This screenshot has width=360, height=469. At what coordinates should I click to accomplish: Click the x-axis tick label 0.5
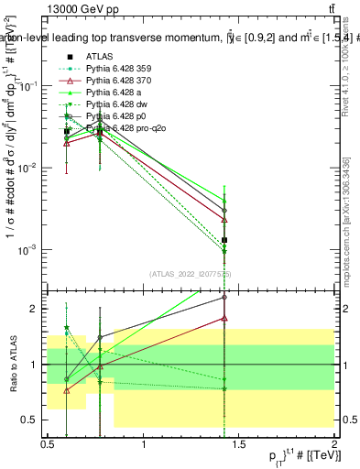pyautogui.click(x=48, y=444)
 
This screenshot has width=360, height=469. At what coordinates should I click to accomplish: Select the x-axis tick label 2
pyautogui.click(x=334, y=444)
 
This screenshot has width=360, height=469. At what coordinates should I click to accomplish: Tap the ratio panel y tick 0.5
pyautogui.click(x=33, y=420)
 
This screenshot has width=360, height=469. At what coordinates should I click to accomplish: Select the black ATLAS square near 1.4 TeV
pyautogui.click(x=224, y=240)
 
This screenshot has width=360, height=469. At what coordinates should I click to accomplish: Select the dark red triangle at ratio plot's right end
pyautogui.click(x=224, y=319)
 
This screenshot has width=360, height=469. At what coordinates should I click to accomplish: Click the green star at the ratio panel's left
pyautogui.click(x=67, y=327)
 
